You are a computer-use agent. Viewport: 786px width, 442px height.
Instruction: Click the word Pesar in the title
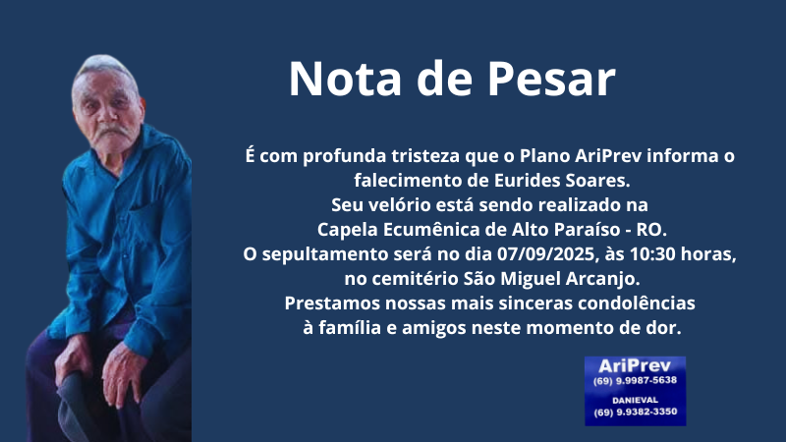coord(551,79)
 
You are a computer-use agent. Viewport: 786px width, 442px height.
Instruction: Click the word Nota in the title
coord(346,79)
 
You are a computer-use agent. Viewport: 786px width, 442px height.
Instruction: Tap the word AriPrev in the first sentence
coord(608,156)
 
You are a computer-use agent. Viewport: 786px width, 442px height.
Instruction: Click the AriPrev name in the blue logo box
coord(635,365)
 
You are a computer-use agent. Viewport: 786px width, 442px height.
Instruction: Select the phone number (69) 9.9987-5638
coord(635,381)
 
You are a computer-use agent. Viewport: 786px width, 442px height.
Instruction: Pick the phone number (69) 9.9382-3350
coord(635,412)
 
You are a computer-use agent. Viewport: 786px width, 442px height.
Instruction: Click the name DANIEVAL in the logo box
coord(635,401)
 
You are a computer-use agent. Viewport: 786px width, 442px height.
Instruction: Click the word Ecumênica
coord(431,230)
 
